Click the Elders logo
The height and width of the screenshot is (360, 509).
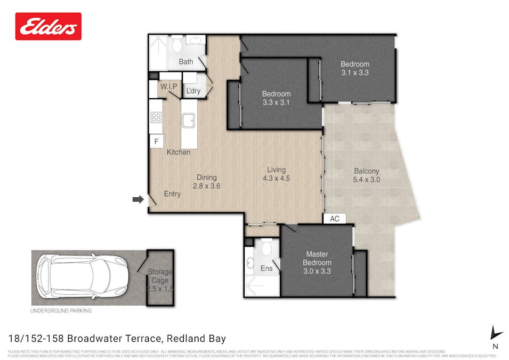click(x=49, y=26)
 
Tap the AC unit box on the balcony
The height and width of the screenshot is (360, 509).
click(x=335, y=219)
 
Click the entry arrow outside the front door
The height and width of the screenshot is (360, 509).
click(x=138, y=199)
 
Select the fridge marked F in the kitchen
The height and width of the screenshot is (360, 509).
click(x=157, y=142)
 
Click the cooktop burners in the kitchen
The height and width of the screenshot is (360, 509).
click(x=156, y=117)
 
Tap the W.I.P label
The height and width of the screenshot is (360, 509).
click(x=168, y=86)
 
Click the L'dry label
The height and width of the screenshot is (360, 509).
click(x=193, y=91)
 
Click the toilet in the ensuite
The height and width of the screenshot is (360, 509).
click(x=266, y=248)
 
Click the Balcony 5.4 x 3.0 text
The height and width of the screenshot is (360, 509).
click(x=366, y=175)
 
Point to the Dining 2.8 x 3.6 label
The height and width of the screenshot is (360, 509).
click(x=206, y=182)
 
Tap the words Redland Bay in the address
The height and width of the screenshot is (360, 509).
click(x=197, y=338)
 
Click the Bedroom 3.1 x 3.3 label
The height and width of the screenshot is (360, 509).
click(x=355, y=68)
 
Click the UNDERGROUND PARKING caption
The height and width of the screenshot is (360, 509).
click(x=61, y=310)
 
